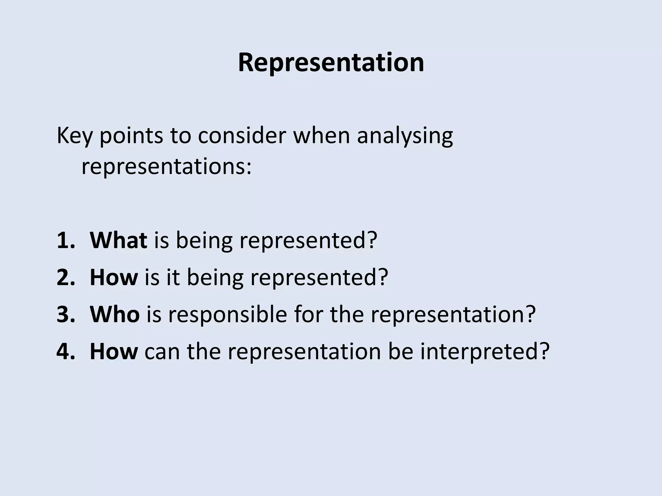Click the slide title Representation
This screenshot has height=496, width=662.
[331, 63]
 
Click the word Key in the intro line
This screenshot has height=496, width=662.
[74, 136]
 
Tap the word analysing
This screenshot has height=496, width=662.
[405, 136]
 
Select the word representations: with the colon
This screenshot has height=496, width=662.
[166, 167]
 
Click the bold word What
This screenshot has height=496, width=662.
[118, 241]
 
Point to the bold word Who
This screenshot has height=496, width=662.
[114, 314]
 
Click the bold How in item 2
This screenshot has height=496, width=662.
[113, 277]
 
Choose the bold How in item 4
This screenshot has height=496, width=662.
[113, 351]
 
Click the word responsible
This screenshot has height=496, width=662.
[227, 314]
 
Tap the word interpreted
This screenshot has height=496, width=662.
[485, 351]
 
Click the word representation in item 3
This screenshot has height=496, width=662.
[453, 314]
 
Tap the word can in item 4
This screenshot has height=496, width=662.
[162, 351]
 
